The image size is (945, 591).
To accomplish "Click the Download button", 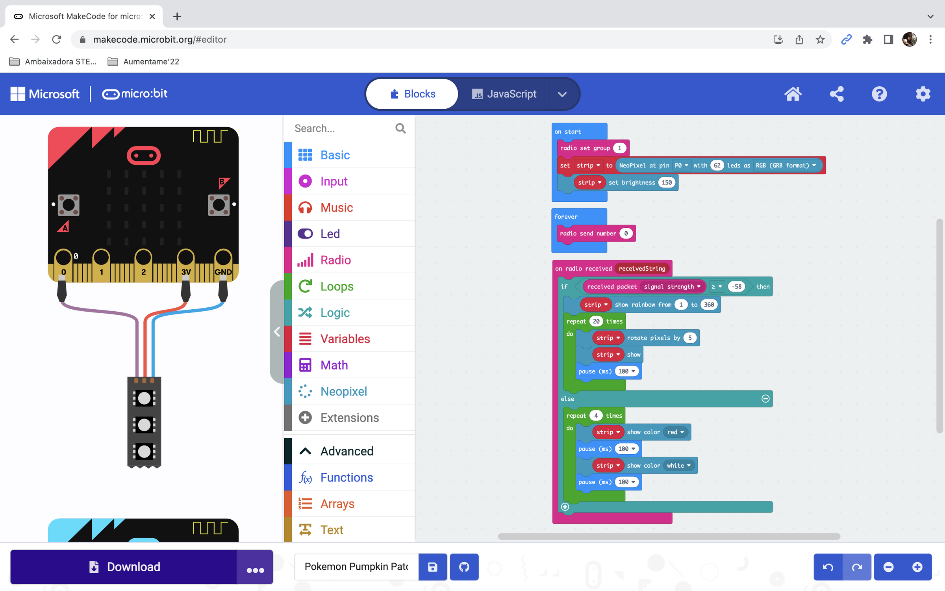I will [x=124, y=567].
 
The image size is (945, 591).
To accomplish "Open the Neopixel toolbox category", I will [x=343, y=391].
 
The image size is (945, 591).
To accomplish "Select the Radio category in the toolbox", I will [x=335, y=260].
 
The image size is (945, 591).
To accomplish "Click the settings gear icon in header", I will [x=923, y=94].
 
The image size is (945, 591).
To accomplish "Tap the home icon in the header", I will [x=793, y=94].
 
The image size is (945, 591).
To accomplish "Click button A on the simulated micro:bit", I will [x=69, y=205].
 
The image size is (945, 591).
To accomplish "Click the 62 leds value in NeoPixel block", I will [x=717, y=165].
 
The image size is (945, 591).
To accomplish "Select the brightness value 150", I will [x=667, y=182].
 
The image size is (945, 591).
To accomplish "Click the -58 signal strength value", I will [x=736, y=286].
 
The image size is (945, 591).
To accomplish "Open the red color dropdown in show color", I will [x=675, y=432].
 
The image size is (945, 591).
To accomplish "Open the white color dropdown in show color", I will [x=678, y=465].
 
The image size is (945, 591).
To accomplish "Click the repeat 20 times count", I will [x=596, y=322].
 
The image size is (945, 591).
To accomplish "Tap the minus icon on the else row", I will [x=765, y=399].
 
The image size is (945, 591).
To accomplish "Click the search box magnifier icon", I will [x=400, y=128].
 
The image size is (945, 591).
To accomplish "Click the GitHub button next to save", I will [x=464, y=567].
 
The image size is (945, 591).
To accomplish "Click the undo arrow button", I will [x=828, y=567].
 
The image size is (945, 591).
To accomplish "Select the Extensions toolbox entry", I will [x=349, y=418].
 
